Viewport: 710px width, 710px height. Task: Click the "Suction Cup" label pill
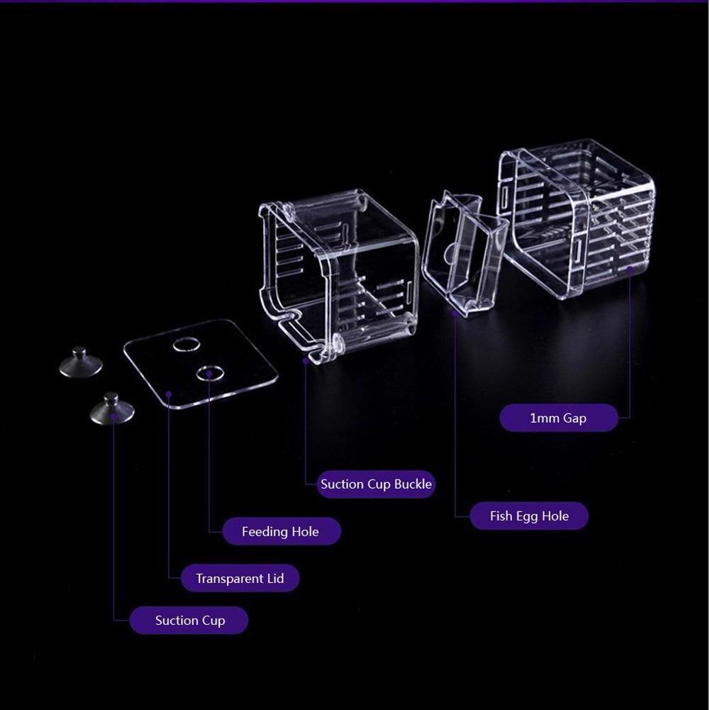189,621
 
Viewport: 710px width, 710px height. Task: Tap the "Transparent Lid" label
240,579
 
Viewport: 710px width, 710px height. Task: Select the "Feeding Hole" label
280,532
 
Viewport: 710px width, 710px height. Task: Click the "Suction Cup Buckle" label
376,484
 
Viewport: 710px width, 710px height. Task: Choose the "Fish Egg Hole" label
529,516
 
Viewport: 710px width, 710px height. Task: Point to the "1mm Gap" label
558,418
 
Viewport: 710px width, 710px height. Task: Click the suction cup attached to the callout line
112,409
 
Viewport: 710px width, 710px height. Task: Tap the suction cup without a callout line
80,362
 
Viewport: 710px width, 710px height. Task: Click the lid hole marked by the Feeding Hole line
210,372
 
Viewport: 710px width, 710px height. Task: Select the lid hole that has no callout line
187,345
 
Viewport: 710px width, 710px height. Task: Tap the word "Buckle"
413,484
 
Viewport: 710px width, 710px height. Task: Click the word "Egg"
527,516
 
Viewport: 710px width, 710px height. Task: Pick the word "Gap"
575,418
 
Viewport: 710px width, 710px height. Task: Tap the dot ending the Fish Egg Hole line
455,311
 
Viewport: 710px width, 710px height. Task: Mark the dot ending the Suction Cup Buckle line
306,361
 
